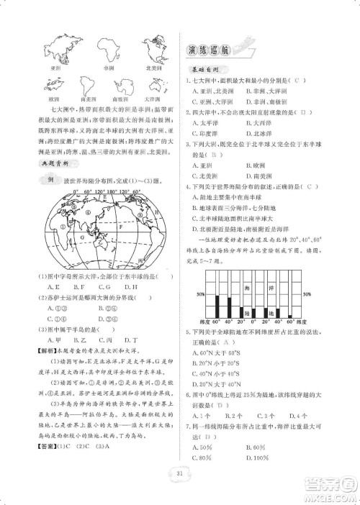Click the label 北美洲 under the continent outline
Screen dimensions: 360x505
152,68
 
